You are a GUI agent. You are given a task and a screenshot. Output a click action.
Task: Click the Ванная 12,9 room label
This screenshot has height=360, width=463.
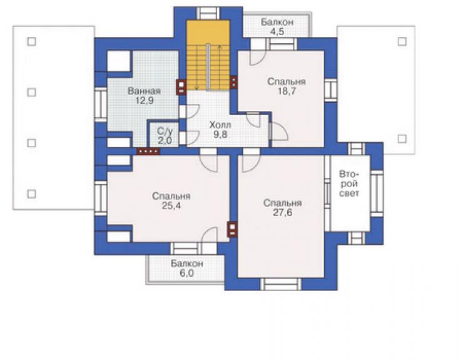coord(144,95)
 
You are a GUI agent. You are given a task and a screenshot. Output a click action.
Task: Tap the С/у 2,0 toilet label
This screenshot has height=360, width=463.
coord(165,136)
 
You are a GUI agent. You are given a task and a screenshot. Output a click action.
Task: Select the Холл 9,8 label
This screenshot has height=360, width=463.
coord(220,130)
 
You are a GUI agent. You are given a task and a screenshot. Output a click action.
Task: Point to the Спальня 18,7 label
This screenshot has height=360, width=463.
coord(286,86)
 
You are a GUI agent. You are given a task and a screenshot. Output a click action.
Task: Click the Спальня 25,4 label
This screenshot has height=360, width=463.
coord(171,201)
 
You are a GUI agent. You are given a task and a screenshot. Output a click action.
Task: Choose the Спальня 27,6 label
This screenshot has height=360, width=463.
coord(283,207)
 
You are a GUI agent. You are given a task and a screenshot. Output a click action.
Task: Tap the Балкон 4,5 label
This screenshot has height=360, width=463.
coord(277,26)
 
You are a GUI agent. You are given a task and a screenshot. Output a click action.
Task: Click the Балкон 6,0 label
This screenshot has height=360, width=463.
coord(186,268)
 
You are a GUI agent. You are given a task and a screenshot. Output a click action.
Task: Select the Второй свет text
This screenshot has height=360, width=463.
coord(349,183)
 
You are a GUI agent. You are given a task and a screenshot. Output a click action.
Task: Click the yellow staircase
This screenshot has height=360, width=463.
coord(208,55)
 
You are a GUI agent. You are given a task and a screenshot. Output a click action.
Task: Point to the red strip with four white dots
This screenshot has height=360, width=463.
coord(148,152)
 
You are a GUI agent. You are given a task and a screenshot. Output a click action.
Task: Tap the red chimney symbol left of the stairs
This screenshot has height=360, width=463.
coord(181,87)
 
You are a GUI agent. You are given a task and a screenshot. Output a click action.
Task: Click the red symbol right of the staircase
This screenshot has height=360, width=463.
coord(233,82)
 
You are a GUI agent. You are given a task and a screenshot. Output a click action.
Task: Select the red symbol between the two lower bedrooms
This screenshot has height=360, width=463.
coord(232,229)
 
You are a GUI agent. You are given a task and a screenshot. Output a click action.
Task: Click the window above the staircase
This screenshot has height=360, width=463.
coord(208,14)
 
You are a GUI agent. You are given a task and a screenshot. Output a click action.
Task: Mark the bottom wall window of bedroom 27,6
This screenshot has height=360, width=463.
coord(281,284)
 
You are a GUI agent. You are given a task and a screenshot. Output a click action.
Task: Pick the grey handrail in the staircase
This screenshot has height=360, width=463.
coord(208,68)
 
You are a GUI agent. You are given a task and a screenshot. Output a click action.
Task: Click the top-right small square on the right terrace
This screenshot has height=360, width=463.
coord(402,42)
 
